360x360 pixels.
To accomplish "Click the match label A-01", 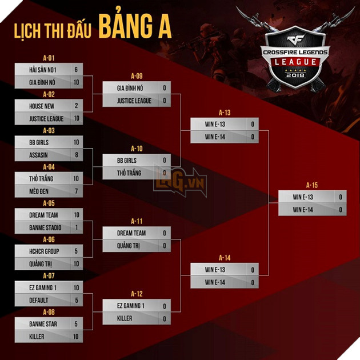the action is (49, 58).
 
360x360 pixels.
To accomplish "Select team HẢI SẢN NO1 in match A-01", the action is (43, 70).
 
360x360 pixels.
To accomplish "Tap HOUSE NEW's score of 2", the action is (76, 106).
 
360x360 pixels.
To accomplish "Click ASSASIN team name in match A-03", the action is (38, 155).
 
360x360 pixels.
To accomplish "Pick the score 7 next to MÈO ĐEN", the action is (76, 191).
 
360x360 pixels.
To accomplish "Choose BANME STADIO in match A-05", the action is (45, 227).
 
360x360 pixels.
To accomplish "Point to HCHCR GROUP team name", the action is (44, 251).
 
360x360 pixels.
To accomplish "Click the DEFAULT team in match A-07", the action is (39, 300).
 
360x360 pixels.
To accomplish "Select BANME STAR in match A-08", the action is (43, 324).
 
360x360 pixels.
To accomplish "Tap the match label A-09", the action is (137, 76).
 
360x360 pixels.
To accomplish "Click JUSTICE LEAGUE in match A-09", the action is (134, 101).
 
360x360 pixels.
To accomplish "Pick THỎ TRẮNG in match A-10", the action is (129, 173).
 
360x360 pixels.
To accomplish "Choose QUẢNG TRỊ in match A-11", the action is (129, 246).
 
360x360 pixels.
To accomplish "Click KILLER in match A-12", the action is (125, 318).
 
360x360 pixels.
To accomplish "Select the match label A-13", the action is (225, 113).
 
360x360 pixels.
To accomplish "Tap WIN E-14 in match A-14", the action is (215, 282).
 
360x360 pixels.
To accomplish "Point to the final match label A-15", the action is (312, 185).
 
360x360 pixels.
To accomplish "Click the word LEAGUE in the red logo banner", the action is (295, 62).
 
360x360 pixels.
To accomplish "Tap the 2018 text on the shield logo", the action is (295, 75).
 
